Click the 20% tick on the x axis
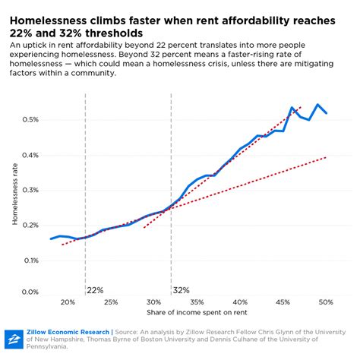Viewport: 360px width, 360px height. (68, 302)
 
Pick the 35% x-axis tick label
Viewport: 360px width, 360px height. (197, 302)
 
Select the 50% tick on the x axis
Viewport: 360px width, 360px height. (327, 302)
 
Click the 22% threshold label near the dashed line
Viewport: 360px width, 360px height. (95, 290)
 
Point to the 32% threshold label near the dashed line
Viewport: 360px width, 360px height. (181, 290)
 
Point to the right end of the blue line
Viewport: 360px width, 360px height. (327, 113)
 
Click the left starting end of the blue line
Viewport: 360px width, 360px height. (51, 238)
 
